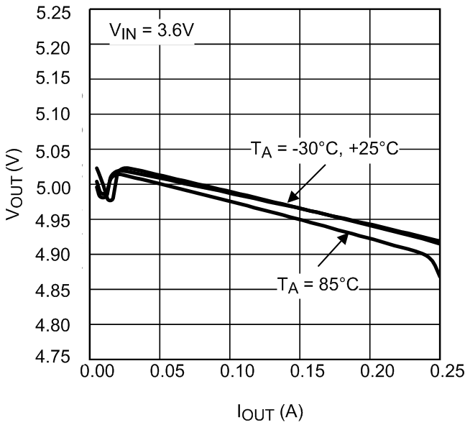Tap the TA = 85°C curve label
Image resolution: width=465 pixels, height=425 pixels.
click(318, 284)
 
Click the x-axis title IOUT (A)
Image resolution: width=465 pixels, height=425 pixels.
click(270, 412)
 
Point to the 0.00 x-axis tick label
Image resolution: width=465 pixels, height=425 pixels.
click(96, 373)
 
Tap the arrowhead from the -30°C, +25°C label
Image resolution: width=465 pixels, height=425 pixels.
click(291, 198)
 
